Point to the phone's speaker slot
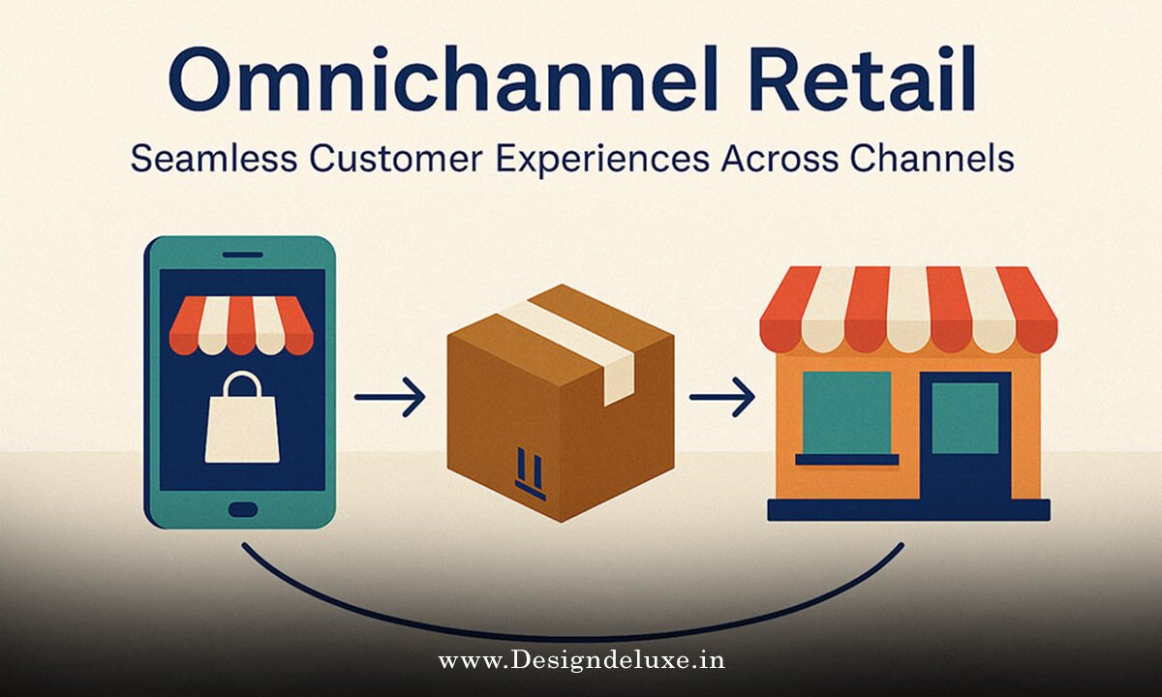tap(241, 256)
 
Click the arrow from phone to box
tap(389, 397)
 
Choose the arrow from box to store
tap(721, 397)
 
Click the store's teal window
tap(844, 412)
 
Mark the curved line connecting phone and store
tap(571, 634)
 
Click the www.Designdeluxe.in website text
tap(581, 662)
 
